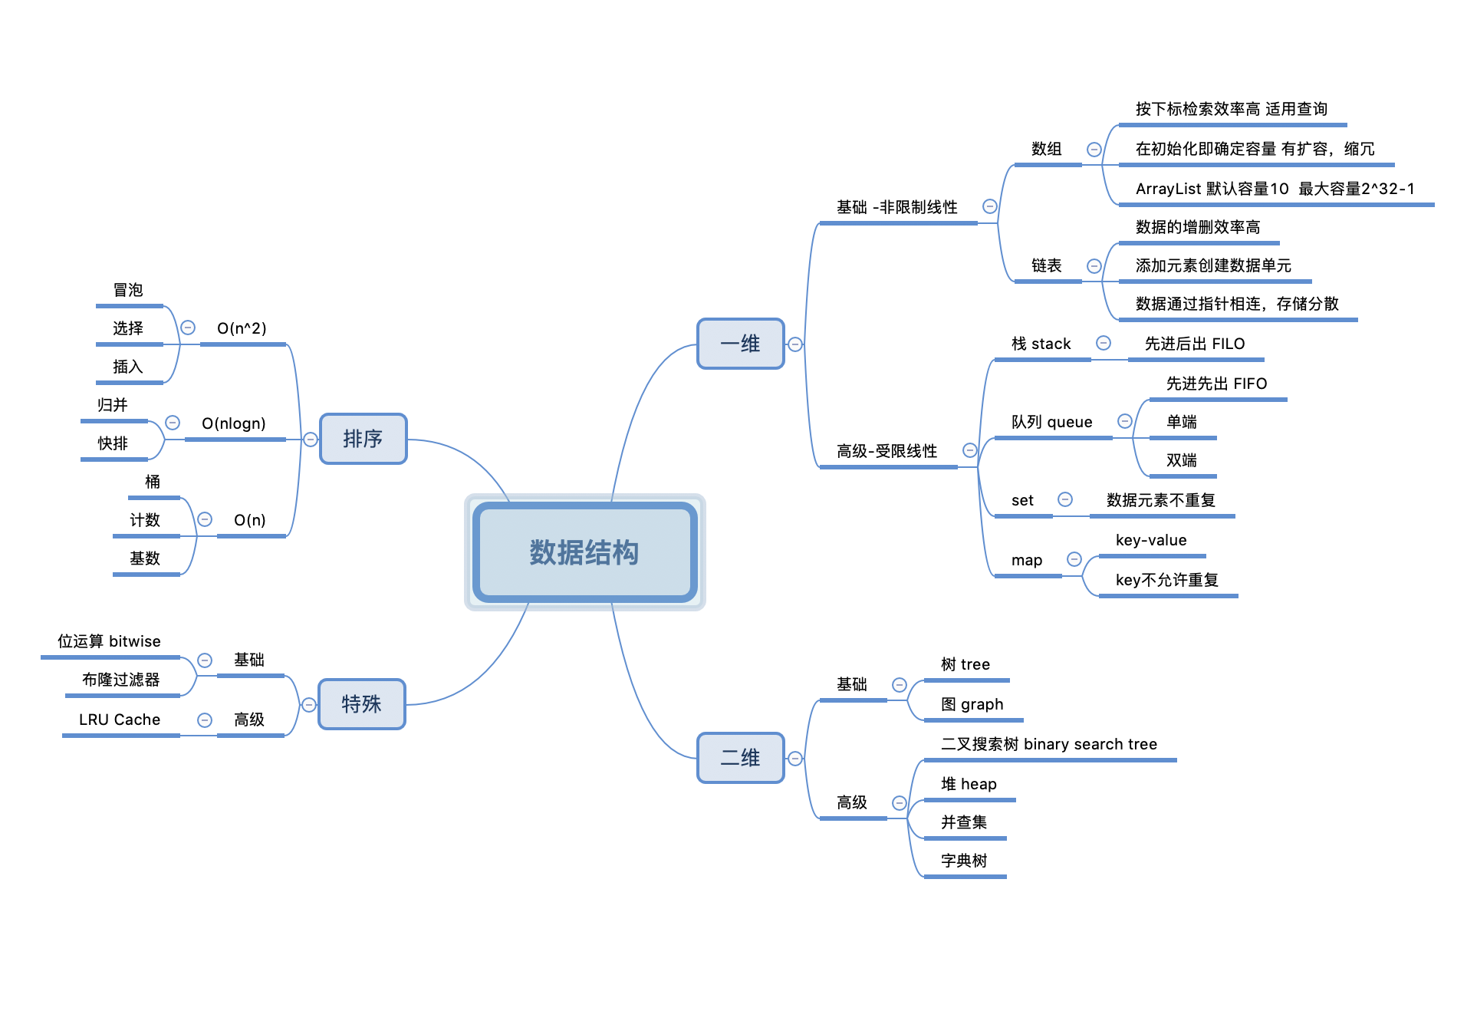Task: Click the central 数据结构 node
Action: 584,552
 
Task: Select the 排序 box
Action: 363,439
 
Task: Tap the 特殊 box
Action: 361,704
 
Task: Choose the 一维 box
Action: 740,344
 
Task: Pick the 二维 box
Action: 740,758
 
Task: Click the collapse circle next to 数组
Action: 1094,150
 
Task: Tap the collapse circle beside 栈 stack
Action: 1104,343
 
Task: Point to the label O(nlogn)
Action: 234,423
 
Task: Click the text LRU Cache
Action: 120,720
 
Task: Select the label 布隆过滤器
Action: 121,680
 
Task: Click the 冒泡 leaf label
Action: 128,290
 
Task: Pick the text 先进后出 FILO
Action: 1195,344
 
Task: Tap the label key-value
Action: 1151,540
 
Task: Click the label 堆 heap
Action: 969,784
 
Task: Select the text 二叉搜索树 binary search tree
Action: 1049,744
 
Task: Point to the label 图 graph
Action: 972,704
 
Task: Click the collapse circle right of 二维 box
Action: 795,759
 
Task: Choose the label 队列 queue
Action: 1051,422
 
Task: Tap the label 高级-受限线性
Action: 887,451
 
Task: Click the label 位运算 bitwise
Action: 109,641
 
